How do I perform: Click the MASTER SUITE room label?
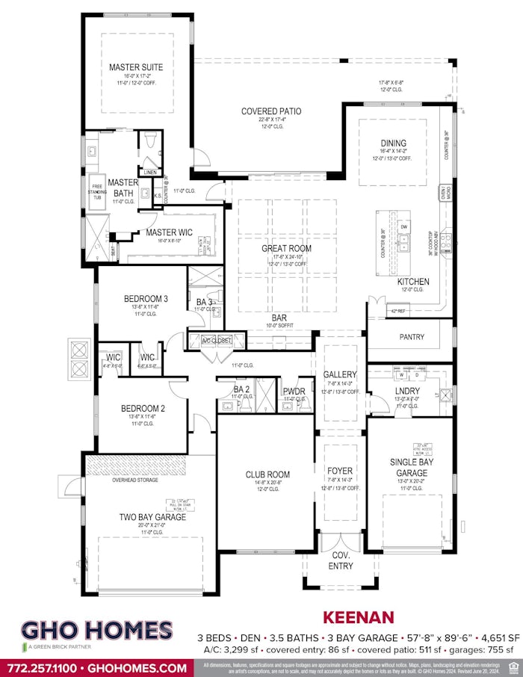point(135,67)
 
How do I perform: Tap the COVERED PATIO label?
point(270,111)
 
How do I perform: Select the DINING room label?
point(394,143)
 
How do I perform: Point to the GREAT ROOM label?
point(286,248)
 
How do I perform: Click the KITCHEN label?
point(413,282)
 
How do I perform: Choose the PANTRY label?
point(412,337)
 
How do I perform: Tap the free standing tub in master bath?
point(96,198)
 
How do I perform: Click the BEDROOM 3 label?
point(146,299)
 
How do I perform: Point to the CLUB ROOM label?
point(267,474)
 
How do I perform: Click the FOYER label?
point(340,471)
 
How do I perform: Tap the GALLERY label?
point(340,374)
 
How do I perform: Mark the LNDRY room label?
point(407,391)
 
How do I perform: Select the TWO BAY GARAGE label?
point(152,516)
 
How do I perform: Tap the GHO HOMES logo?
point(96,631)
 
